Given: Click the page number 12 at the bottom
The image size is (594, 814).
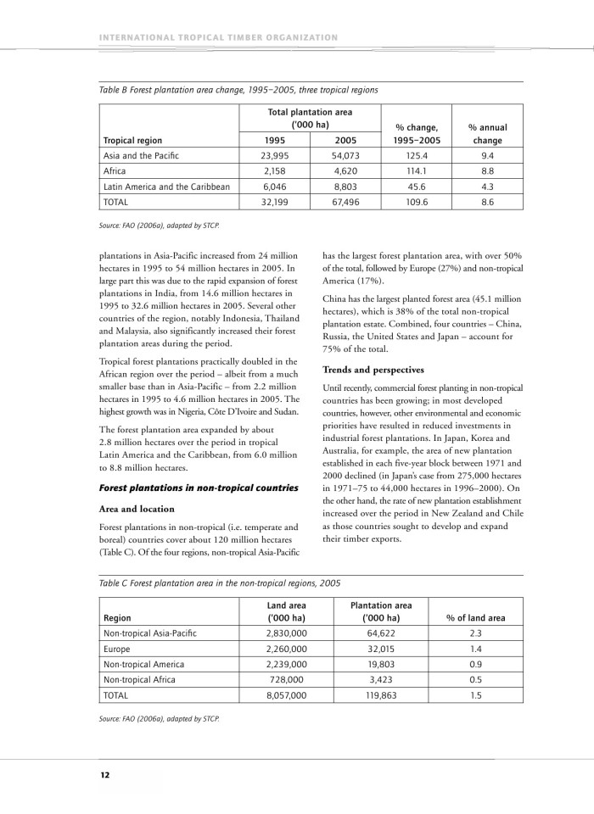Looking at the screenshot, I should click(104, 775).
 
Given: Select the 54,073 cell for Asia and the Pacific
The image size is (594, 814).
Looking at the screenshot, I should click(345, 156).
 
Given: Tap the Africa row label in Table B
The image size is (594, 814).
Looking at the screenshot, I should click(115, 170).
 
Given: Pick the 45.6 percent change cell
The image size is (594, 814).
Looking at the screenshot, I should click(416, 186).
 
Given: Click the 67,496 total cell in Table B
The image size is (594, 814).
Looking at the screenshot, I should click(345, 202).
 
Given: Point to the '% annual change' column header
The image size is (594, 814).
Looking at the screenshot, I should click(487, 134).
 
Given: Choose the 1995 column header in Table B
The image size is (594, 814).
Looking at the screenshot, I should click(274, 141).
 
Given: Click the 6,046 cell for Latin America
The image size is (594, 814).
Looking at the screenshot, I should click(274, 186).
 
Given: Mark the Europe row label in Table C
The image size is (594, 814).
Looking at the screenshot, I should click(117, 648).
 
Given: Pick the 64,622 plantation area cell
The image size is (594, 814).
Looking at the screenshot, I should click(381, 633).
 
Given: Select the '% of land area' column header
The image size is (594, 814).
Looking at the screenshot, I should click(475, 618).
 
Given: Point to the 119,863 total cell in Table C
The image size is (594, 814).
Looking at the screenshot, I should click(381, 694).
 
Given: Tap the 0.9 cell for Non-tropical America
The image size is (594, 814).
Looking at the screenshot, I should click(475, 664).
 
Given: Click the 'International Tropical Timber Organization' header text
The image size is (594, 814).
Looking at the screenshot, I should click(219, 37).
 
